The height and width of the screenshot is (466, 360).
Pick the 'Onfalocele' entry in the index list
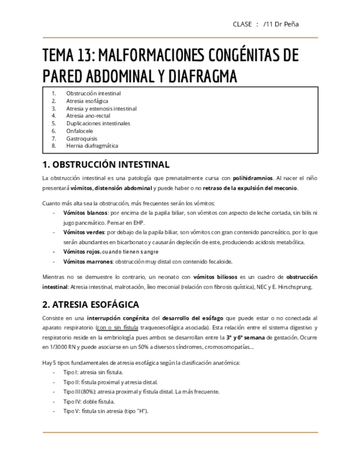(80, 131)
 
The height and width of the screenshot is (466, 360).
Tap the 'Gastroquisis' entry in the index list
(82, 138)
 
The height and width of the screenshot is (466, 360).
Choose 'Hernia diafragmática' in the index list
(92, 146)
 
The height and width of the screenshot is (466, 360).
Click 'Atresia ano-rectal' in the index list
(88, 116)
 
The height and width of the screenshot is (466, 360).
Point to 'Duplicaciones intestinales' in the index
(98, 124)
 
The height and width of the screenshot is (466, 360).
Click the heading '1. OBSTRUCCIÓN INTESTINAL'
(106, 164)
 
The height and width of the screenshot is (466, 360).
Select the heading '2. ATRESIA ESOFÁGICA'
(91, 304)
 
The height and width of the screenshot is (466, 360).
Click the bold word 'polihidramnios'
(253, 179)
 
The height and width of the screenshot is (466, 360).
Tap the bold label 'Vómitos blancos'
(85, 212)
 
